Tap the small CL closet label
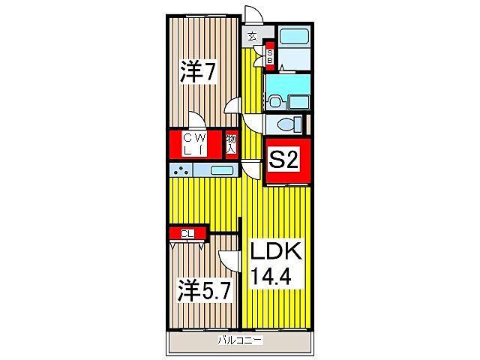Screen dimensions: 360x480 [x=187, y=233]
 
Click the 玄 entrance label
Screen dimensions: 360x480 [x=252, y=35]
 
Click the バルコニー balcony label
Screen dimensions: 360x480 [x=239, y=341]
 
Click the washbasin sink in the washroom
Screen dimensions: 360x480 [x=274, y=101]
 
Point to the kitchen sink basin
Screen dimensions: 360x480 [x=221, y=170]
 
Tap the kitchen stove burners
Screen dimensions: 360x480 [x=180, y=171]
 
